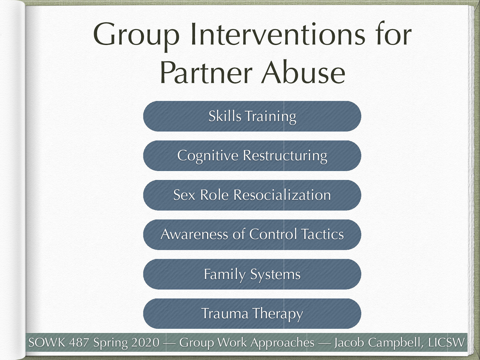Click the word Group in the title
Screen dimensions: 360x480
coord(136,35)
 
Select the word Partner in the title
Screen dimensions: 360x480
coord(206,73)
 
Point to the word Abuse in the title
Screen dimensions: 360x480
coord(303,73)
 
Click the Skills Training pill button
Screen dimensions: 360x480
coord(252,116)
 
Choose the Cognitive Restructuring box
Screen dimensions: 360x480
coord(252,156)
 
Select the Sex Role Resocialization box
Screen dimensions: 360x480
coord(252,195)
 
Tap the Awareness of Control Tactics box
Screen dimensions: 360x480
coord(252,235)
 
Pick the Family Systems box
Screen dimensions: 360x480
coord(252,274)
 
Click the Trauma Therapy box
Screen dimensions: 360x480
coord(252,313)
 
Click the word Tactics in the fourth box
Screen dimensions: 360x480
coord(322,234)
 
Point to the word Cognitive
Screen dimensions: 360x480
coord(208,156)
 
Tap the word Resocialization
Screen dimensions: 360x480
coord(282,195)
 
